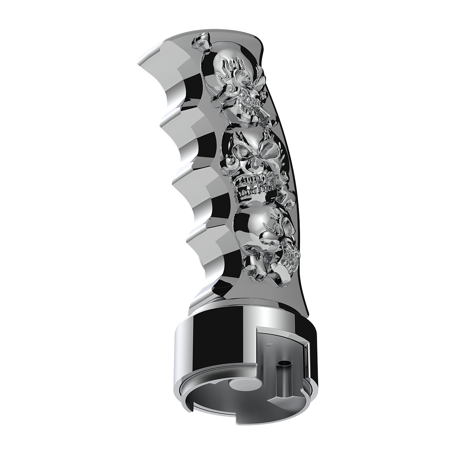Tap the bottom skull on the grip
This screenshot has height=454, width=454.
click(x=261, y=238)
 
